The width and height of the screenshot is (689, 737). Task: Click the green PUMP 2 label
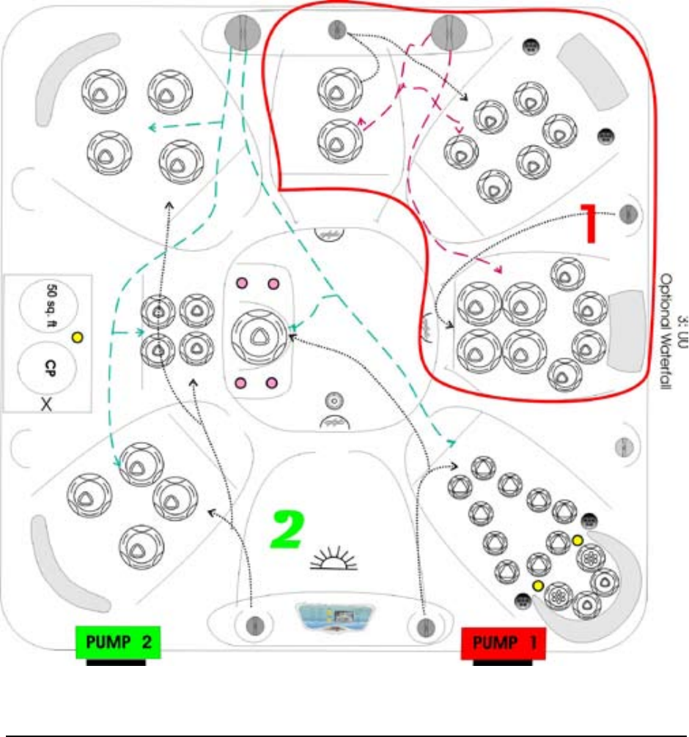tap(118, 642)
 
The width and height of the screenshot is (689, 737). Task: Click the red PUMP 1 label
tap(503, 643)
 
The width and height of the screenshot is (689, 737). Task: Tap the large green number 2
tap(287, 531)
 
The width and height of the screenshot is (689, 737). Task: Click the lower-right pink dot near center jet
tap(271, 382)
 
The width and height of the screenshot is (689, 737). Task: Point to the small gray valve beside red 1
tap(628, 214)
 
